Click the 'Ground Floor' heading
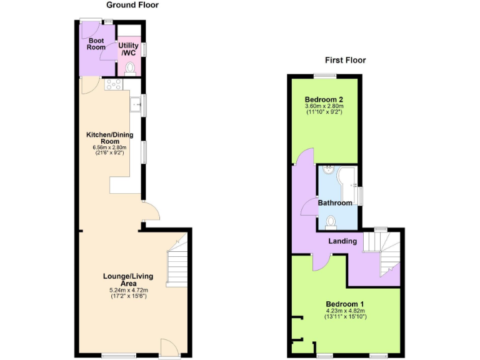pyautogui.click(x=132, y=5)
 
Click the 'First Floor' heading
pyautogui.click(x=345, y=60)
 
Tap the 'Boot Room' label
pyautogui.click(x=96, y=43)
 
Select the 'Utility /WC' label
pyautogui.click(x=128, y=49)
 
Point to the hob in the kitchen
pyautogui.click(x=114, y=84)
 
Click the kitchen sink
pyautogui.click(x=134, y=104)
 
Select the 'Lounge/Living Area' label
pyautogui.click(x=128, y=279)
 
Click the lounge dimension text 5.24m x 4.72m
pyautogui.click(x=128, y=290)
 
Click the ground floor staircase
pyautogui.click(x=177, y=262)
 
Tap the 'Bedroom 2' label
pyautogui.click(x=324, y=99)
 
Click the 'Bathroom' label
pyautogui.click(x=335, y=203)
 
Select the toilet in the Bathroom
pyautogui.click(x=331, y=221)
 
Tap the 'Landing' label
pyautogui.click(x=342, y=241)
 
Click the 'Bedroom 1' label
pyautogui.click(x=346, y=304)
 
